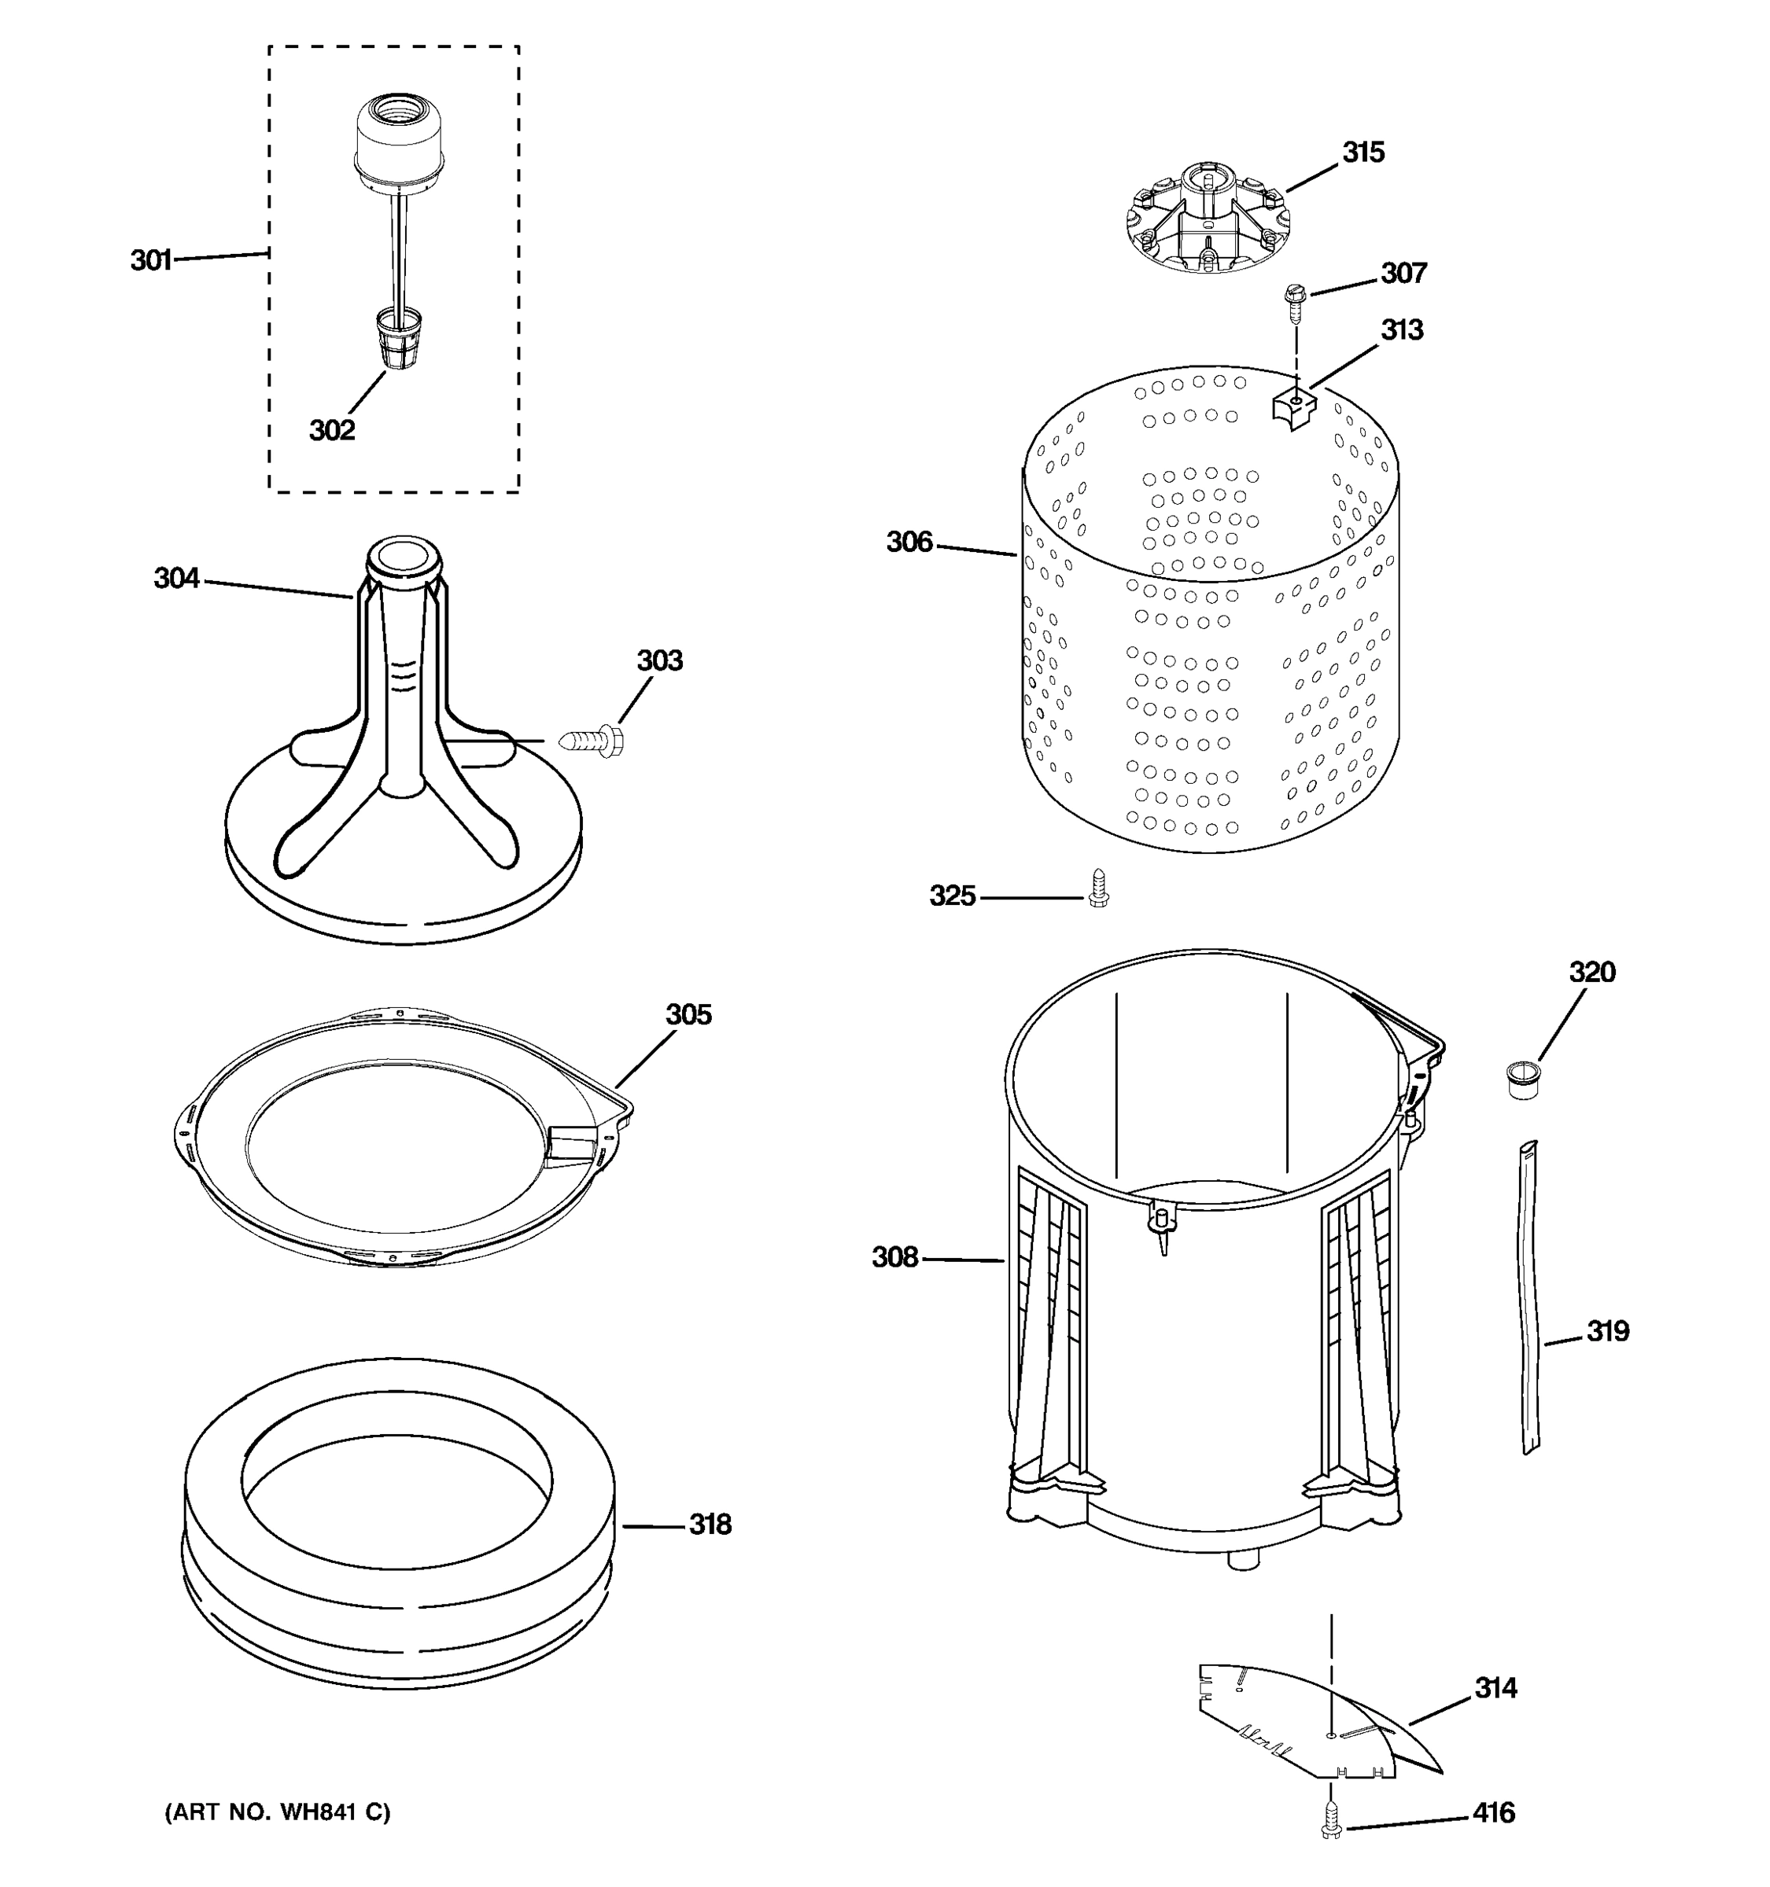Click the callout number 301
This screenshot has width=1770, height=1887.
tap(151, 259)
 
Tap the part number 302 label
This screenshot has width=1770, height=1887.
tap(331, 430)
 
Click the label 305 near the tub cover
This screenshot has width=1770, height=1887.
tap(688, 1015)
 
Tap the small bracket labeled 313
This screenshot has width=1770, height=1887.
tap(1294, 408)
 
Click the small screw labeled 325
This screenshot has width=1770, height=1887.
tap(1099, 888)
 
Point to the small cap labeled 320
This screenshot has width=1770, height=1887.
tap(1523, 1080)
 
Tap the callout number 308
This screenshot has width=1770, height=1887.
tap(894, 1258)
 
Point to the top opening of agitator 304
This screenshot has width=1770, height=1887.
tap(404, 556)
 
